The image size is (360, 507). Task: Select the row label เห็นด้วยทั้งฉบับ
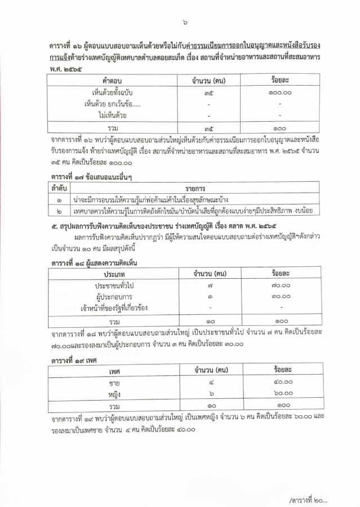(112, 92)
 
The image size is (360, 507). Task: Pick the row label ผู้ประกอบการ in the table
(117, 296)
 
